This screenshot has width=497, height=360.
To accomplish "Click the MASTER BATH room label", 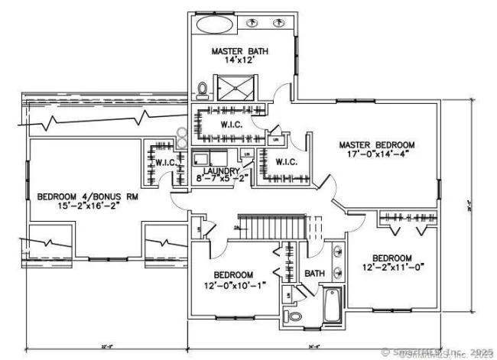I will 239,51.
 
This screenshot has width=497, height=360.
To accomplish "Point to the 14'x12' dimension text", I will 239,63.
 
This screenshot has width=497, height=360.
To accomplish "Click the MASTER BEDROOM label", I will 377,144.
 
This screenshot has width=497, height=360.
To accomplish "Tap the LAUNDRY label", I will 222,172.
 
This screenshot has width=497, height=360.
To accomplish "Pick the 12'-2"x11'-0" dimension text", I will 393,268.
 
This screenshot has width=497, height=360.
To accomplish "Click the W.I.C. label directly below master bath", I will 232,125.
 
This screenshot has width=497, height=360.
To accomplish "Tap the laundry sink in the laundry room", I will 202,159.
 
